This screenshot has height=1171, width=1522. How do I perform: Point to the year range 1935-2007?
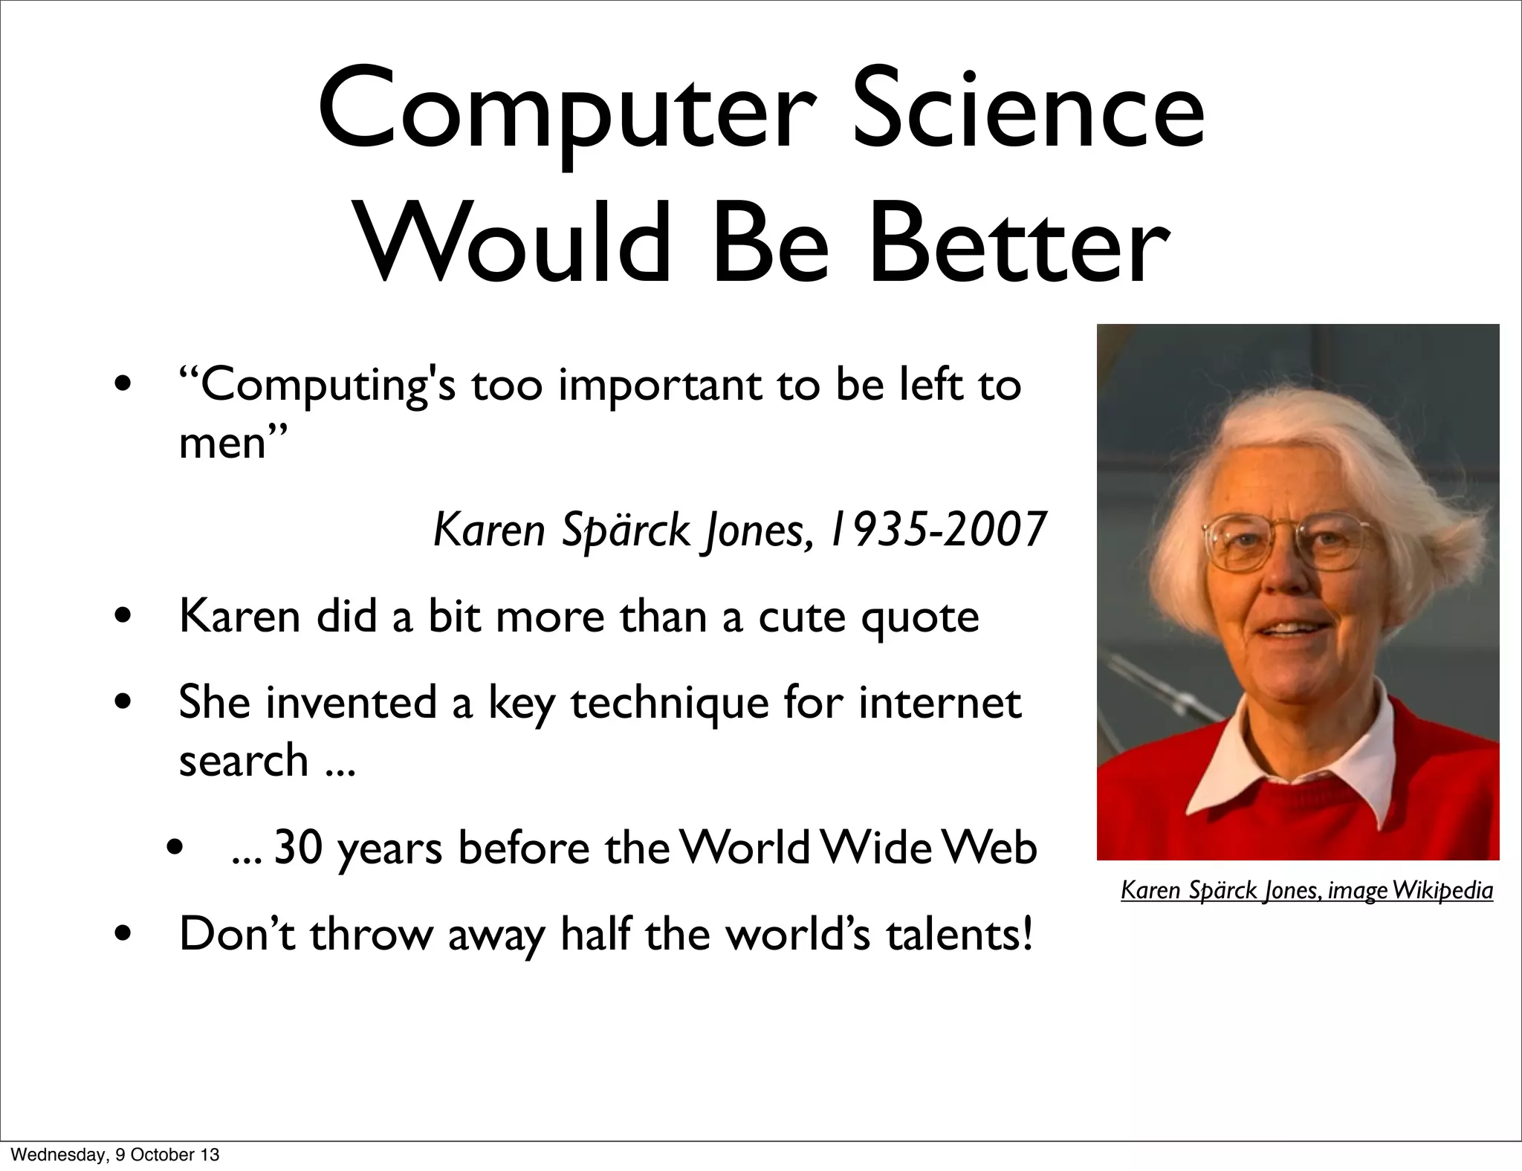click(x=937, y=530)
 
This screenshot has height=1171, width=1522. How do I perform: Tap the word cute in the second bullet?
click(x=802, y=617)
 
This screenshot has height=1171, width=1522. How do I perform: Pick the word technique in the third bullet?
click(x=670, y=704)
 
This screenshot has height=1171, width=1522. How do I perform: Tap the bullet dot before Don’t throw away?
click(x=124, y=935)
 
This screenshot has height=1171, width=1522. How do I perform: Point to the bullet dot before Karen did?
click(x=124, y=617)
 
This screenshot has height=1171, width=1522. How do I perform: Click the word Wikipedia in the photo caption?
click(x=1442, y=890)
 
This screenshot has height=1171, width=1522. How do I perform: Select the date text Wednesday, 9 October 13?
click(x=116, y=1155)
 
